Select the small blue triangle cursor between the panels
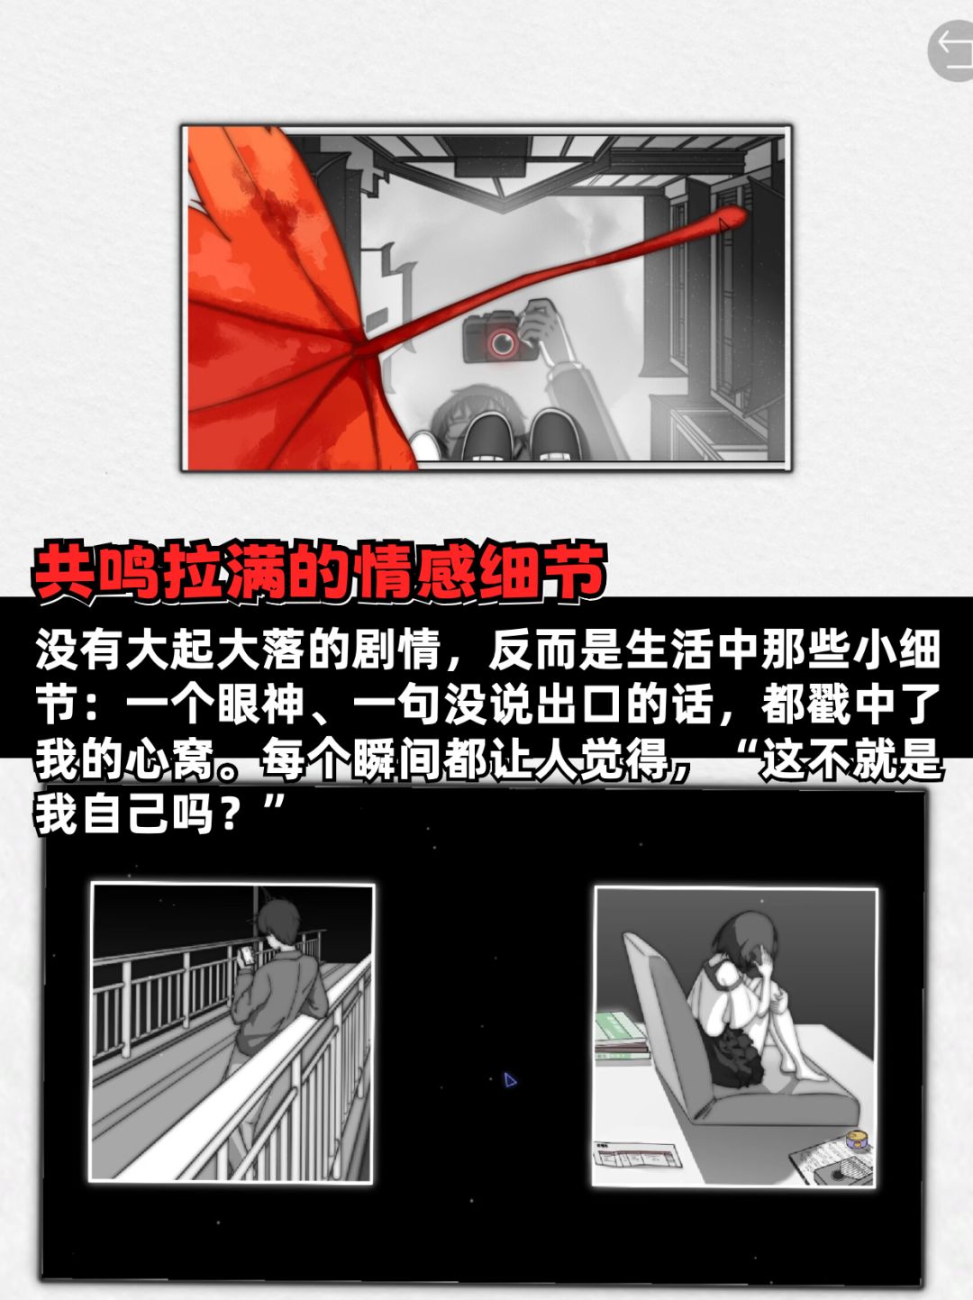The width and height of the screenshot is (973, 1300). (x=509, y=1080)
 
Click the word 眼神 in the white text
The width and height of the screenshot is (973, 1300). (x=261, y=705)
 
